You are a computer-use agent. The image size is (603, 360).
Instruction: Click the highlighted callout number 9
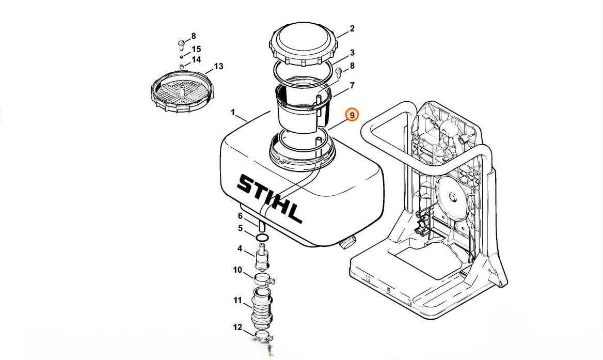352,115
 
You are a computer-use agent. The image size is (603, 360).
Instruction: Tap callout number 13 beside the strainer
218,67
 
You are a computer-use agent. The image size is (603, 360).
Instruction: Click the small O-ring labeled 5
262,237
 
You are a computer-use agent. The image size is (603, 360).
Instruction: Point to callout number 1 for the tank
233,112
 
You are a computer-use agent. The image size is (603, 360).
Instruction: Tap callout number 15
196,50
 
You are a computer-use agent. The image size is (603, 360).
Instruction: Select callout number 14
196,60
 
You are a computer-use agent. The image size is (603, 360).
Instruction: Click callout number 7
352,85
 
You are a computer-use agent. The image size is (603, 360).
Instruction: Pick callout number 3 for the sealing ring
352,53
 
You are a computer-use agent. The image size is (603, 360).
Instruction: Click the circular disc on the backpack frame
454,194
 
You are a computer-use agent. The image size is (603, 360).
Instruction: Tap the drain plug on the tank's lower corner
349,242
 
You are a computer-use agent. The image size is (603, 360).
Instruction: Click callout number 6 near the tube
240,216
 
